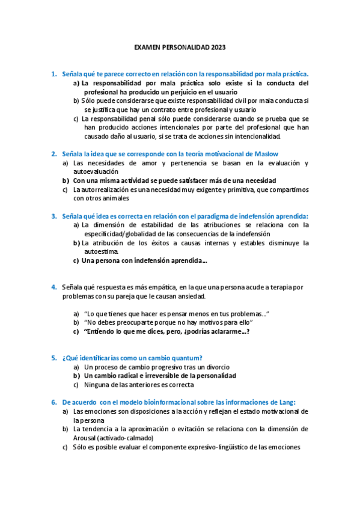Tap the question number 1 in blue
(53, 74)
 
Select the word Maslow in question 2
(265, 154)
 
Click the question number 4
(53, 287)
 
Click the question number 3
(53, 216)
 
